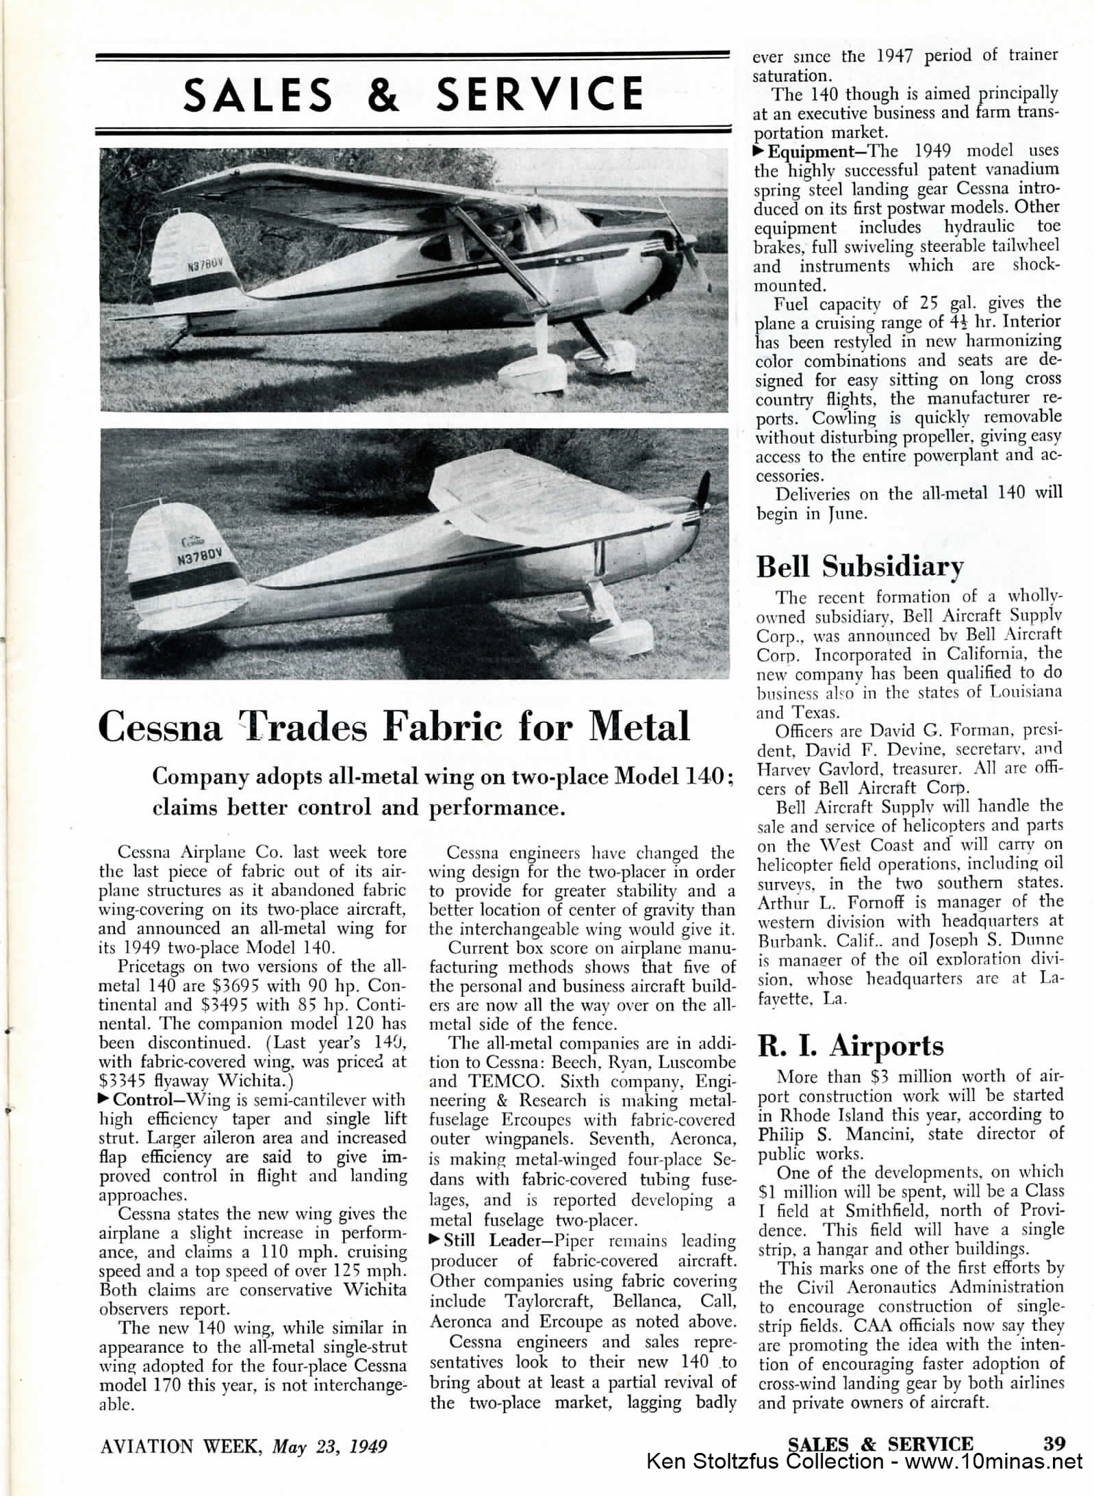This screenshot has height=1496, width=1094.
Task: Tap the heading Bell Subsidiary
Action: click(x=859, y=567)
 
